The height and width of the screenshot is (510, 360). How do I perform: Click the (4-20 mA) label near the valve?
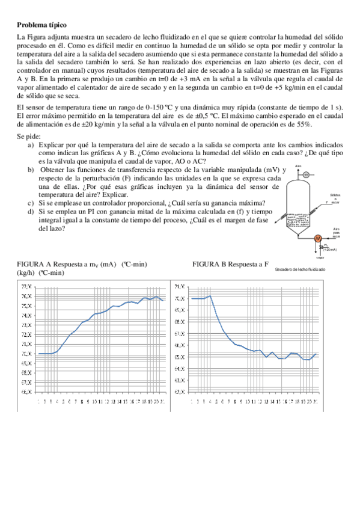pyautogui.click(x=330, y=249)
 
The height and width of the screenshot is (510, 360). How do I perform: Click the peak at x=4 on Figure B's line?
pyautogui.click(x=210, y=295)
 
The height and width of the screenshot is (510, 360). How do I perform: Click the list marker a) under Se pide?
pyautogui.click(x=31, y=146)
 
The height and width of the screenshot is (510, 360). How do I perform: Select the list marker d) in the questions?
pyautogui.click(x=31, y=212)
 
